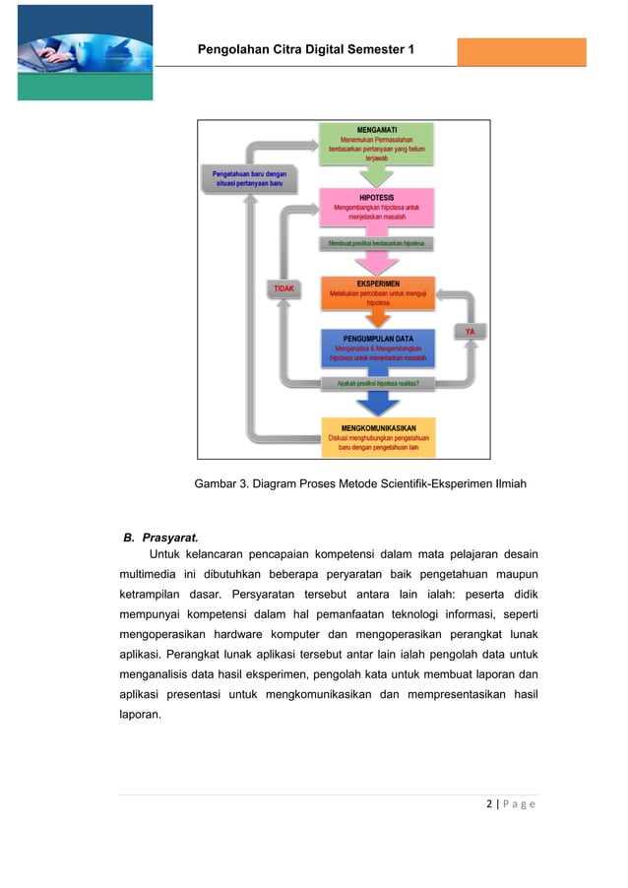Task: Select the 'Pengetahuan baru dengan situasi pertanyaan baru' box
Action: click(x=249, y=179)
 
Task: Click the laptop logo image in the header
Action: click(x=86, y=52)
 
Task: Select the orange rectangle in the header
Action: click(x=521, y=51)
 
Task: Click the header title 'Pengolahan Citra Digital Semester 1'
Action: click(x=306, y=49)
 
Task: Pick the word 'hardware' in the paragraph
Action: click(x=244, y=633)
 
